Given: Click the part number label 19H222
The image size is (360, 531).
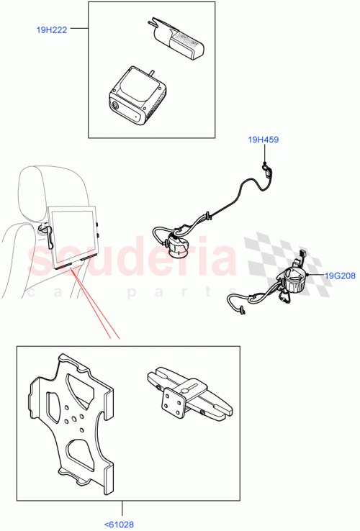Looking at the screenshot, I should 52,30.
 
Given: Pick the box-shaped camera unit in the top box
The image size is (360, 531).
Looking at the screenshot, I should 138,95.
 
